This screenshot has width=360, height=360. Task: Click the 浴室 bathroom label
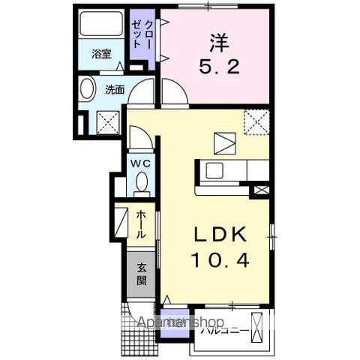(101, 54)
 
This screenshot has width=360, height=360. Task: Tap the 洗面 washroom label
(115, 90)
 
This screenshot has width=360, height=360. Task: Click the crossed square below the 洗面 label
(109, 120)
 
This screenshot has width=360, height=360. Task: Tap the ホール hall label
(141, 224)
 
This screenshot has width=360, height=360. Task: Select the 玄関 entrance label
(142, 274)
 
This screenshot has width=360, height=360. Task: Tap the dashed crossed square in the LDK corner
(256, 120)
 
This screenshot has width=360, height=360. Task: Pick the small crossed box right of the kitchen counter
(262, 190)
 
